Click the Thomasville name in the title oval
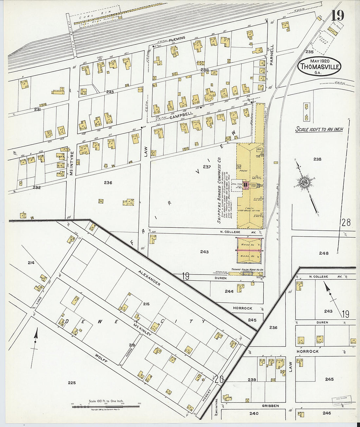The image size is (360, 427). (x=319, y=67)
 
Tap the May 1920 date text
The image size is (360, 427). (x=319, y=61)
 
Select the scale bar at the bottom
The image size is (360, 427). (x=105, y=406)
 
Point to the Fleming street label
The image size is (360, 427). (x=176, y=39)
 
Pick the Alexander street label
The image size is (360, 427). (x=149, y=278)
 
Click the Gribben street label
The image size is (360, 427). (x=270, y=406)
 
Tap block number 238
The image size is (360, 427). (x=317, y=159)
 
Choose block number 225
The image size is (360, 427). (x=72, y=383)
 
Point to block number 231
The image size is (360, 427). (x=37, y=110)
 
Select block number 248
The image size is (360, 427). (x=324, y=253)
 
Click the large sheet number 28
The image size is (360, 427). (x=346, y=222)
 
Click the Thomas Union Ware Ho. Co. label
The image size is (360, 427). (x=247, y=269)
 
